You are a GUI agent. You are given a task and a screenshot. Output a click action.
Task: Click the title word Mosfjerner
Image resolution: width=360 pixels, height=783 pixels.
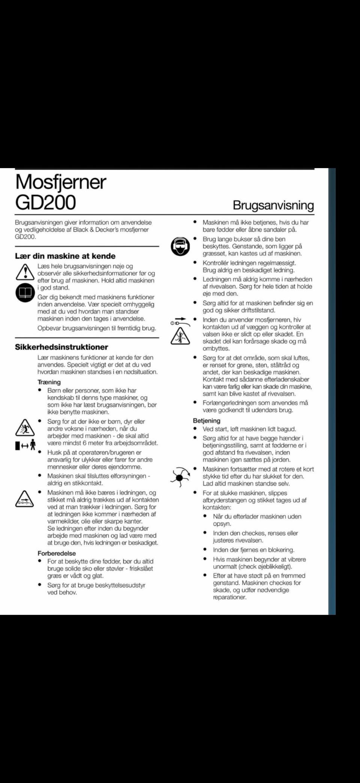click(x=61, y=182)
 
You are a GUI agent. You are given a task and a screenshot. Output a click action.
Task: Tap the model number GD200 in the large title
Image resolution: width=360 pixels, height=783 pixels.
click(x=45, y=202)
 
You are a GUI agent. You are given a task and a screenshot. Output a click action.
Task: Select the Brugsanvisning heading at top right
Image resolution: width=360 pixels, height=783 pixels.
click(x=273, y=205)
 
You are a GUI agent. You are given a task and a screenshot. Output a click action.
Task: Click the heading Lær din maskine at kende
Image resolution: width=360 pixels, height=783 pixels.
click(x=65, y=256)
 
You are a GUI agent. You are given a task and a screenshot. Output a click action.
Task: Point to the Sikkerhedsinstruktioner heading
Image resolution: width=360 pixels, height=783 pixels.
click(x=61, y=347)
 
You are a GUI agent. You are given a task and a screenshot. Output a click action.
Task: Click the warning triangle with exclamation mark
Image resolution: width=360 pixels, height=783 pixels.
click(x=25, y=272)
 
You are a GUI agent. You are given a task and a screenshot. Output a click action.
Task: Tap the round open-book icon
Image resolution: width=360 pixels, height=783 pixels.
click(x=25, y=293)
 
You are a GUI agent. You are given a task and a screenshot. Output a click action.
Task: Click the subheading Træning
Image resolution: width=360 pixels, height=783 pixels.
click(x=49, y=382)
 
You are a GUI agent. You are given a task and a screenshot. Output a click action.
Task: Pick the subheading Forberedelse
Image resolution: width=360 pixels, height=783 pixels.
click(x=57, y=553)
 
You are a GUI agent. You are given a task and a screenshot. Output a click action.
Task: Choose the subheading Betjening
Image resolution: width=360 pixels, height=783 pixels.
click(x=207, y=421)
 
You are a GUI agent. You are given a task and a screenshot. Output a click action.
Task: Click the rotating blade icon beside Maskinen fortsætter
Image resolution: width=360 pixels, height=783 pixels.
click(x=180, y=477)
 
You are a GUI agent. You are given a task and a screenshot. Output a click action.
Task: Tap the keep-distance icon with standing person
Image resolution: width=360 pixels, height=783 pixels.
click(x=25, y=445)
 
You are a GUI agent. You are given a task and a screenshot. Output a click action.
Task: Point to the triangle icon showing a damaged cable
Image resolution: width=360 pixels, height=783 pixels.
click(x=24, y=499)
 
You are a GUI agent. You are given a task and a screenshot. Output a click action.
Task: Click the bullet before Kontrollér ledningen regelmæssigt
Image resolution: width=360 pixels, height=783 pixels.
click(x=195, y=263)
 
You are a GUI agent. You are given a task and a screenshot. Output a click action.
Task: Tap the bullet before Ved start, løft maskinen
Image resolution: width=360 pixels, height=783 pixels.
click(x=195, y=428)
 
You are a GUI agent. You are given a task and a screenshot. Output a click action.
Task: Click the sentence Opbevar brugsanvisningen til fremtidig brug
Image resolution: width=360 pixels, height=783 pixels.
click(x=97, y=328)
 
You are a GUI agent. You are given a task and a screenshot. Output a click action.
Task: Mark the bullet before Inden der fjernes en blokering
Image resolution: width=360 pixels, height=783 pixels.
click(x=205, y=550)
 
